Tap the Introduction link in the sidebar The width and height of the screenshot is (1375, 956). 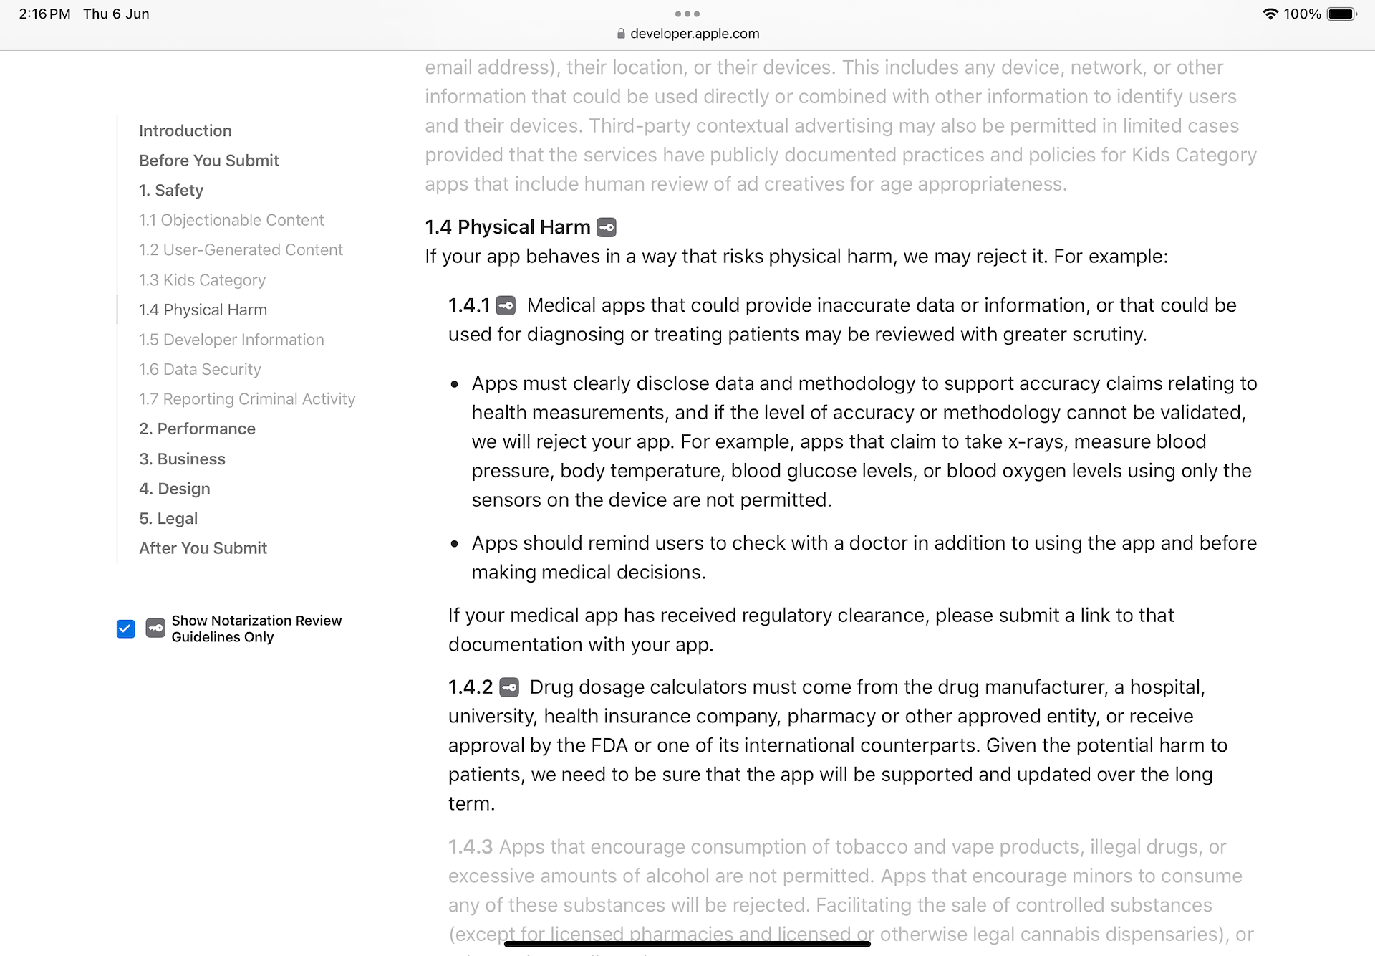pyautogui.click(x=185, y=131)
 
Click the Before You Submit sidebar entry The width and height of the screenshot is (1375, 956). pyautogui.click(x=208, y=161)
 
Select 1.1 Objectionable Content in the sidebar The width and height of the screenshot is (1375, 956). pyautogui.click(x=231, y=220)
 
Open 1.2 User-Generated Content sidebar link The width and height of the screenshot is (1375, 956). pyautogui.click(x=241, y=250)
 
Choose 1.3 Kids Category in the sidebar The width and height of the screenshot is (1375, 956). pyautogui.click(x=202, y=280)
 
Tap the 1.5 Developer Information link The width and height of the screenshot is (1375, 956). pyautogui.click(x=231, y=340)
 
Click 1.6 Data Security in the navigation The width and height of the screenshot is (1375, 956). pyautogui.click(x=200, y=370)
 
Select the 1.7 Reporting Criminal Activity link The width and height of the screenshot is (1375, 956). pyautogui.click(x=247, y=399)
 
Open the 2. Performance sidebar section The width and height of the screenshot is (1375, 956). pyautogui.click(x=197, y=429)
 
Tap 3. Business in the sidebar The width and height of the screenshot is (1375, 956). pyautogui.click(x=182, y=459)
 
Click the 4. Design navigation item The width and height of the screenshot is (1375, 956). pyautogui.click(x=175, y=489)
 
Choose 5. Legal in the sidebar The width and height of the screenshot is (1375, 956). pyautogui.click(x=168, y=519)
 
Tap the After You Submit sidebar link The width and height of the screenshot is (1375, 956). pyautogui.click(x=203, y=548)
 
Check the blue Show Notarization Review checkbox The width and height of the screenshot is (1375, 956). pyautogui.click(x=125, y=629)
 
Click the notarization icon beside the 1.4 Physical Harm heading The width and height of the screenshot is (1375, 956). pyautogui.click(x=607, y=228)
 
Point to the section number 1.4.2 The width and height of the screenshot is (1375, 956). pyautogui.click(x=471, y=687)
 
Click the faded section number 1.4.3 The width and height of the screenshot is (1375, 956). pyautogui.click(x=471, y=847)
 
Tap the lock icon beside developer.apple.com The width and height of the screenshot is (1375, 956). pyautogui.click(x=621, y=34)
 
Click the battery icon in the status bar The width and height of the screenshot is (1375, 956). pyautogui.click(x=1341, y=14)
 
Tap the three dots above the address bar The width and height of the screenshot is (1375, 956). pyautogui.click(x=687, y=14)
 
